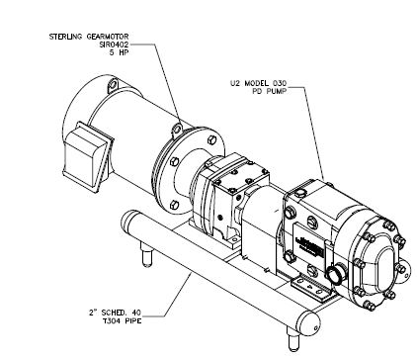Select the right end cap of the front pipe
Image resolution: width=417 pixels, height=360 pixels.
coord(308,323)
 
